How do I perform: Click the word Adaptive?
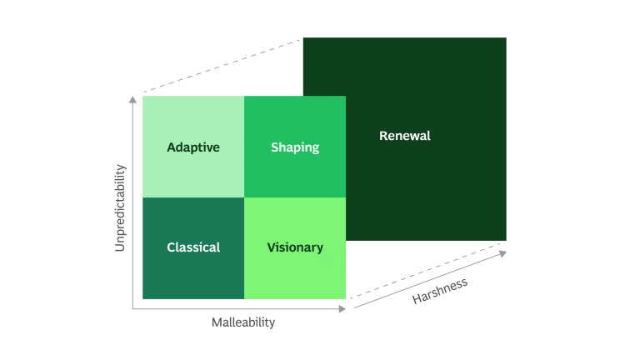pyautogui.click(x=192, y=147)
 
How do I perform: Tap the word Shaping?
pyautogui.click(x=294, y=147)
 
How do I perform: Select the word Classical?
pyautogui.click(x=192, y=247)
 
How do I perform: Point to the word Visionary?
pyautogui.click(x=294, y=247)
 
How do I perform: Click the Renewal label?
pyautogui.click(x=404, y=136)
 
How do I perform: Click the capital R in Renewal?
pyautogui.click(x=383, y=136)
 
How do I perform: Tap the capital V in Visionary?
pyautogui.click(x=271, y=247)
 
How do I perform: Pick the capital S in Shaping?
pyautogui.click(x=275, y=147)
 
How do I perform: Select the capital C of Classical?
pyautogui.click(x=171, y=247)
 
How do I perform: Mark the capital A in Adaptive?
pyautogui.click(x=171, y=147)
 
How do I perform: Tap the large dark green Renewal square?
pyautogui.click(x=433, y=192)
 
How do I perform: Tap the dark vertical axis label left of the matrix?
pyautogui.click(x=120, y=206)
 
